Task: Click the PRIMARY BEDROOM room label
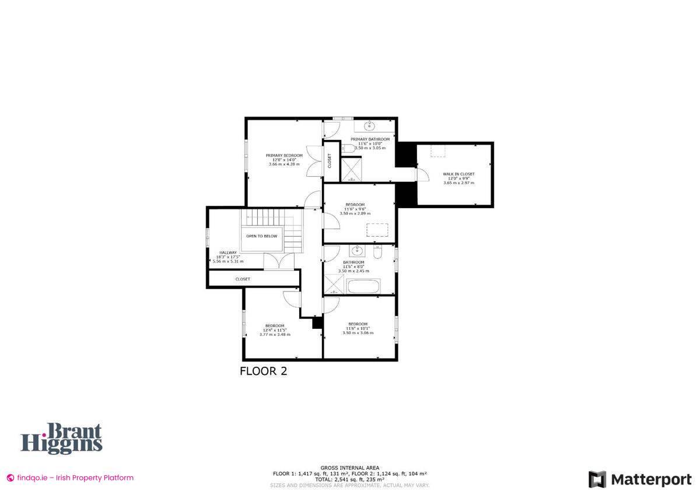pos(284,156)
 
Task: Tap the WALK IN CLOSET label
pos(459,174)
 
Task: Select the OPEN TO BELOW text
pos(261,236)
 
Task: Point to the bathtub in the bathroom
pos(363,286)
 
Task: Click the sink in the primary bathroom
pos(370,126)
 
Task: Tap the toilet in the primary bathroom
pos(345,149)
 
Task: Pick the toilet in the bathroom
pos(377,253)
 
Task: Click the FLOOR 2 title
pos(263,371)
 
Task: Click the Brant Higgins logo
pos(62,438)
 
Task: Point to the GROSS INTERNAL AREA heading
pos(350,468)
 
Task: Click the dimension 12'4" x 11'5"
pos(274,330)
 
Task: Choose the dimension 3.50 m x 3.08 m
pos(358,332)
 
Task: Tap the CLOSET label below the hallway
pos(243,279)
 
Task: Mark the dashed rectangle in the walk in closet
pos(439,151)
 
